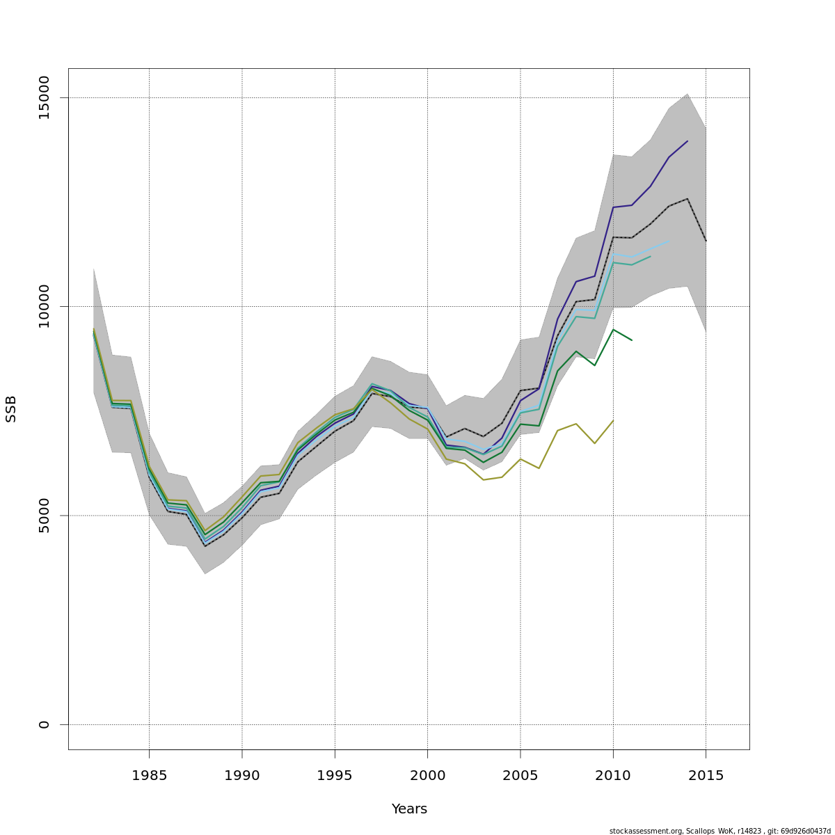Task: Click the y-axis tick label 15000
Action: click(44, 97)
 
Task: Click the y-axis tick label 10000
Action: click(44, 306)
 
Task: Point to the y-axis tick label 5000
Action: click(44, 516)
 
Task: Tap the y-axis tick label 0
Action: click(44, 724)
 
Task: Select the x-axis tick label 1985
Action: click(149, 775)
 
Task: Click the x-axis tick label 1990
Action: click(242, 775)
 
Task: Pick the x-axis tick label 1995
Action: click(335, 775)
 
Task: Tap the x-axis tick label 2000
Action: click(427, 775)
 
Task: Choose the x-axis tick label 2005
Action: click(520, 775)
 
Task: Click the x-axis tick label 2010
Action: click(613, 775)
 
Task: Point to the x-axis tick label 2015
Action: click(706, 775)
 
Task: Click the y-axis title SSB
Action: click(11, 408)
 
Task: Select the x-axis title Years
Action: click(409, 809)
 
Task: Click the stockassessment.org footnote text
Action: click(719, 831)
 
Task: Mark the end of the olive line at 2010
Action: click(613, 420)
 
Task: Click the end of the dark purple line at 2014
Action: click(687, 141)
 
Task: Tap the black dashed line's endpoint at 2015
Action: click(706, 241)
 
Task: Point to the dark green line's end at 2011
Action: click(632, 340)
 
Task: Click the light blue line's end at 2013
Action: click(669, 241)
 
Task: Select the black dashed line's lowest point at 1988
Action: click(205, 546)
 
